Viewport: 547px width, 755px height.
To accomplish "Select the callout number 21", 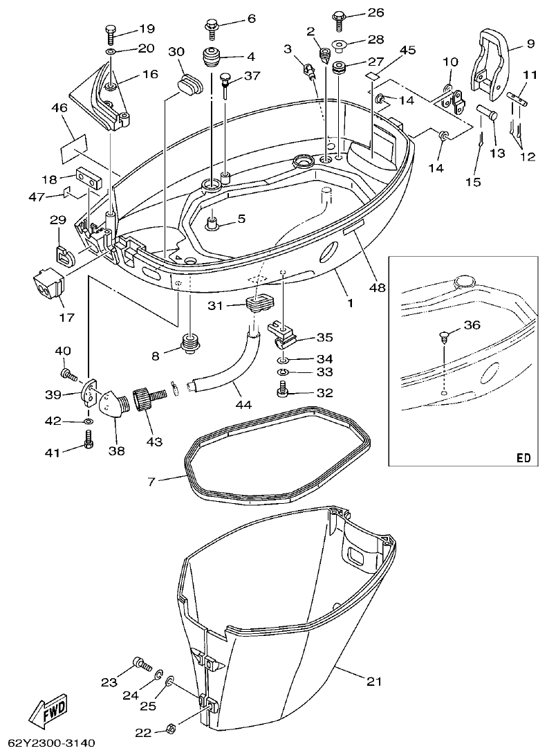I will pyautogui.click(x=373, y=682).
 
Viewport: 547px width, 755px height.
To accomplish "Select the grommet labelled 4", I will pyautogui.click(x=210, y=56).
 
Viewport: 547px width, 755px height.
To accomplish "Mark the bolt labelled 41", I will pyautogui.click(x=89, y=439).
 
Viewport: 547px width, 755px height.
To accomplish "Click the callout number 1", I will pyautogui.click(x=349, y=303).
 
